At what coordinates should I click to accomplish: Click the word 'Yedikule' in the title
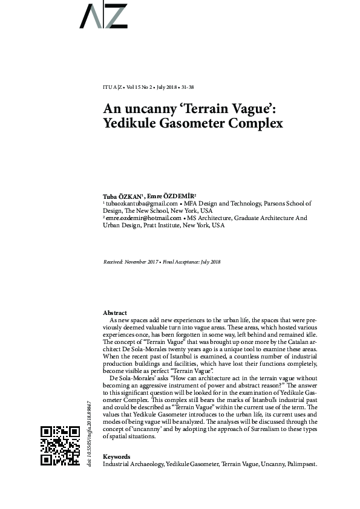click(x=130, y=125)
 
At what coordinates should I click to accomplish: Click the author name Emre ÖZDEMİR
click(x=171, y=196)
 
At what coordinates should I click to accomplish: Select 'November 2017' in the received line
click(x=143, y=261)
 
